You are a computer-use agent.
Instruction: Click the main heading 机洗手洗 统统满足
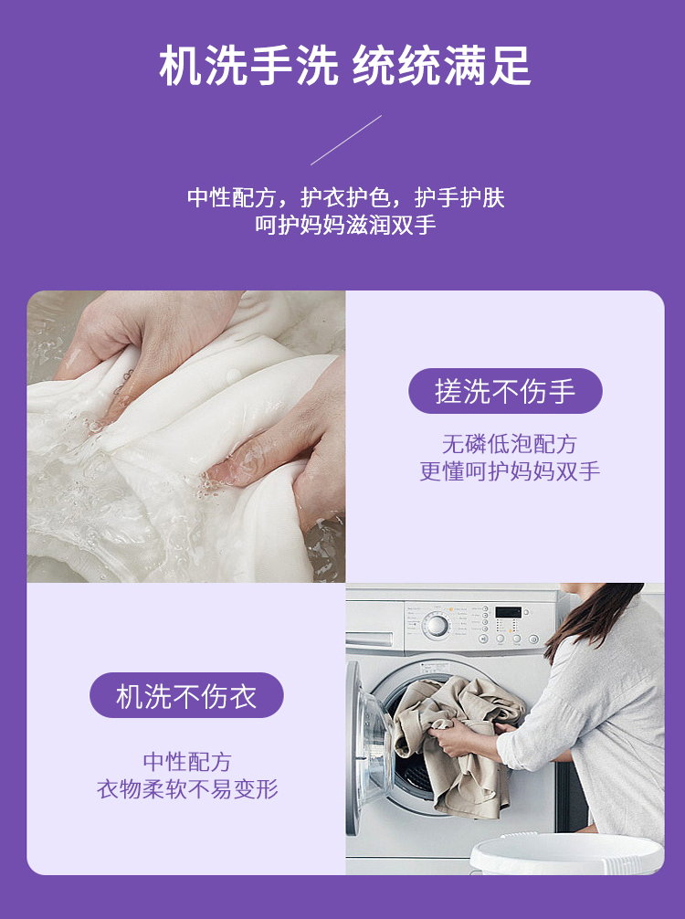344,65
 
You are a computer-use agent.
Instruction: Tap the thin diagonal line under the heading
346,140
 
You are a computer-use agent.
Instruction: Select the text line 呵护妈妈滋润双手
346,225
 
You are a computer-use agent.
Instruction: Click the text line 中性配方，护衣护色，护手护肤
346,198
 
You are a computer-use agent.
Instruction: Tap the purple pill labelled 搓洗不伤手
505,391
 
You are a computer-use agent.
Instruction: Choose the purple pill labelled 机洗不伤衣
186,696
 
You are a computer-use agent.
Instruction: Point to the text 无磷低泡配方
510,444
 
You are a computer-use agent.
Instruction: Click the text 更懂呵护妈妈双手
510,471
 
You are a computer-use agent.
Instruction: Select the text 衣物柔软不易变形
187,789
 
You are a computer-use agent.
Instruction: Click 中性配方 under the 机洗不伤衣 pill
187,762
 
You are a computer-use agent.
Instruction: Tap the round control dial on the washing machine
437,626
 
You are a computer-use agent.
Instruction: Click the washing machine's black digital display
508,612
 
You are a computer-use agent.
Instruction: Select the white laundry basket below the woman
566,854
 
